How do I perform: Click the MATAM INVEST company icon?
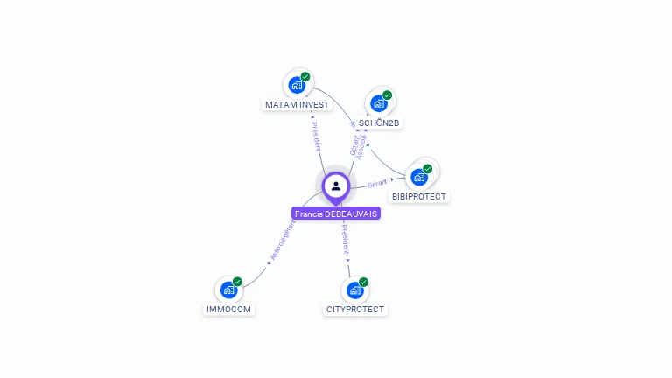297,85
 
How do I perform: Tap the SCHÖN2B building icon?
379,103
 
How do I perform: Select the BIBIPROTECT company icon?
419,176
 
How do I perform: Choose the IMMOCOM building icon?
228,290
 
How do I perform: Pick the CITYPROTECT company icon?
354,290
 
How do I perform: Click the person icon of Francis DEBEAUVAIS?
336,185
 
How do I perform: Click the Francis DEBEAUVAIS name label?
336,213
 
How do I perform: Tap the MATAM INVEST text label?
297,105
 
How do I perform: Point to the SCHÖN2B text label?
379,123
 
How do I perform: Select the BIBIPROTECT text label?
419,197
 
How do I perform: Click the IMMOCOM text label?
228,310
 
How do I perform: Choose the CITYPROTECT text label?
354,310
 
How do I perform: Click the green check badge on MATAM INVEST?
305,76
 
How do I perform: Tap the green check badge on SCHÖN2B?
387,95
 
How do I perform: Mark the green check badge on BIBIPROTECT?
427,168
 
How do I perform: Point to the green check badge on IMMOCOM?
237,282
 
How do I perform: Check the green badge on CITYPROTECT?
363,282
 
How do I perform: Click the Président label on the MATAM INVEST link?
315,136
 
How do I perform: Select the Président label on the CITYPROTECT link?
346,242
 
